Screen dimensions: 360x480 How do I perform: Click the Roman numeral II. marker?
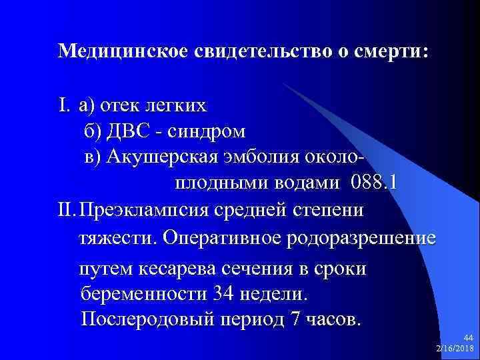[x=65, y=211]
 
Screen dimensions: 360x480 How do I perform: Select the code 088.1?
[x=369, y=183]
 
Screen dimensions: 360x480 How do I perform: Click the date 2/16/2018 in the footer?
[x=455, y=349]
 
